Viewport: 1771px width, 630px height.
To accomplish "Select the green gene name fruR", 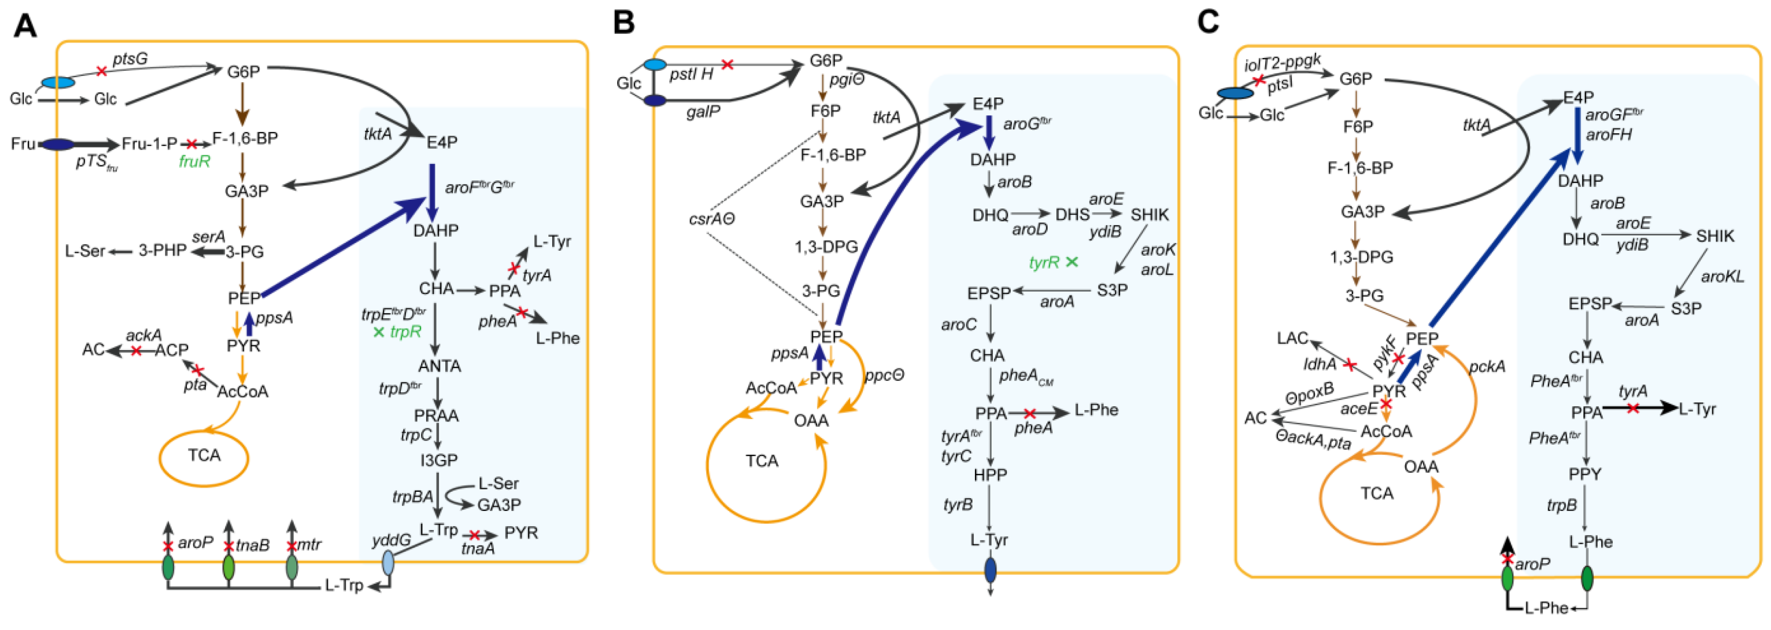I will point(194,162).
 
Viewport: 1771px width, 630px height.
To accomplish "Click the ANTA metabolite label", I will point(439,366).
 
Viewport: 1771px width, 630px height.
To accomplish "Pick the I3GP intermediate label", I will point(439,459).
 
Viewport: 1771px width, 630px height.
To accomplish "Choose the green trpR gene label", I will point(405,331).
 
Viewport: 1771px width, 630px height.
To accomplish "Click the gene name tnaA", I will point(478,549).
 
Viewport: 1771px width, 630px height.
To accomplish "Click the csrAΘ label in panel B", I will point(712,219).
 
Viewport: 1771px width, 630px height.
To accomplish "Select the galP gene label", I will point(703,111).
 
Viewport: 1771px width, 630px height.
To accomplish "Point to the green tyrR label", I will point(1044,262).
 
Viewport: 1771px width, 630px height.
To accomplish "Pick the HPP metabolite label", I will point(990,475).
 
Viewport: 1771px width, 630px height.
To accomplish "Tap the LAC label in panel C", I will point(1292,338).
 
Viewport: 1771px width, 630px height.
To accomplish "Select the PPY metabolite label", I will point(1585,475).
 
